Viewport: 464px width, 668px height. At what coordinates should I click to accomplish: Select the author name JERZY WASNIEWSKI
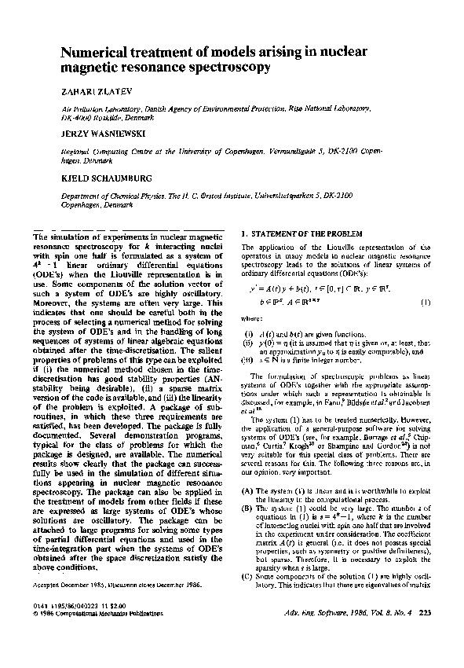click(x=100, y=134)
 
